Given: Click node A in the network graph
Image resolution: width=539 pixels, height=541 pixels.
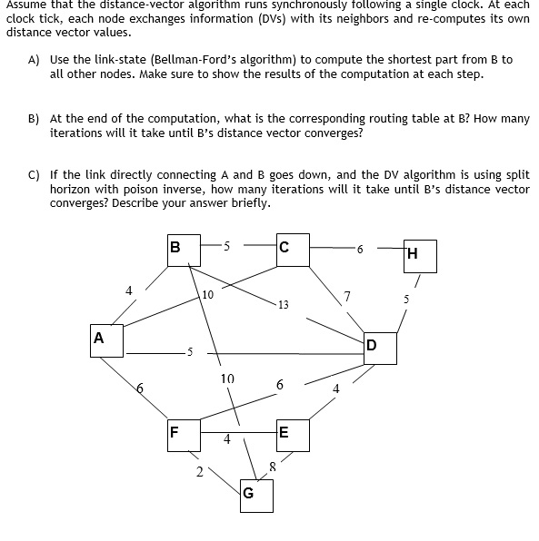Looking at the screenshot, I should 98,339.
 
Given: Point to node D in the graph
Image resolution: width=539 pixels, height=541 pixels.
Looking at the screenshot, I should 372,346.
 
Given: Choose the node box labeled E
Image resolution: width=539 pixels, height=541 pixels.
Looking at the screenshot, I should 284,433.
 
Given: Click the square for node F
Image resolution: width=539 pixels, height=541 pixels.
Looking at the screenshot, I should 175,432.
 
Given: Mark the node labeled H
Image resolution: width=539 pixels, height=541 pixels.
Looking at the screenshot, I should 414,255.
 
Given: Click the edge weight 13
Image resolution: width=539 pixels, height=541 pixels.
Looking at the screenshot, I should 284,305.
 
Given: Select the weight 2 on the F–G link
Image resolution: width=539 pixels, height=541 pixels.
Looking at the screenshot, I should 199,471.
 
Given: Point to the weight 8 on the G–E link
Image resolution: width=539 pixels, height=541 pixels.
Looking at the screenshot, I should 271,467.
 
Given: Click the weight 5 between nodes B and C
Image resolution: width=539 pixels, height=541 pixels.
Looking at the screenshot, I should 226,244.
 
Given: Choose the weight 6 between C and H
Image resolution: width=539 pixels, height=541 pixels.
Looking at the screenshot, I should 360,249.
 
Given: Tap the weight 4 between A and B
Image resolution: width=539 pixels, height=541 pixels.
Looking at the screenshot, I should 129,290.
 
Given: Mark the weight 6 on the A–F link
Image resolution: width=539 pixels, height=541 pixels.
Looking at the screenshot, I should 139,388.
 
